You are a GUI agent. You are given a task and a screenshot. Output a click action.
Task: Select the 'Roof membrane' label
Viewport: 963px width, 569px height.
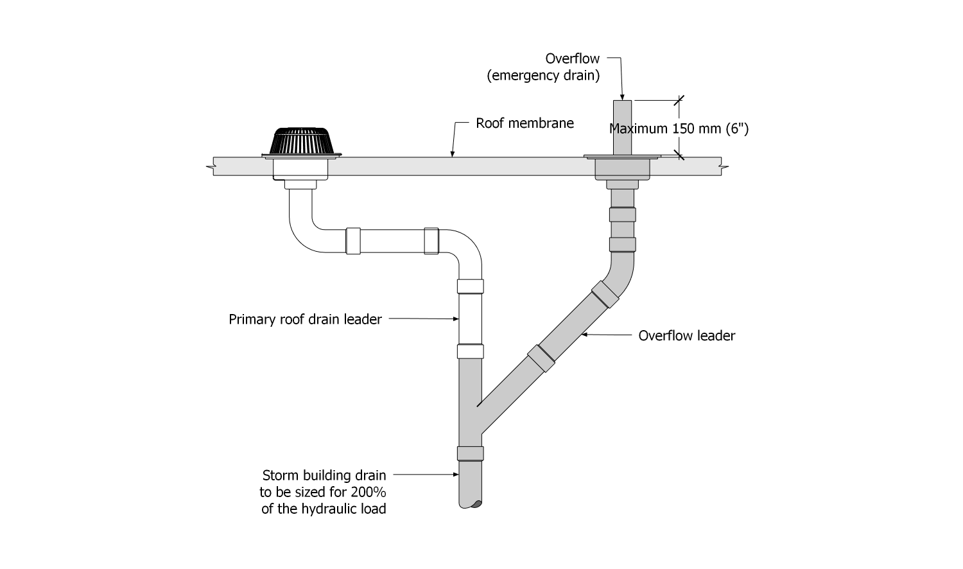click(x=525, y=123)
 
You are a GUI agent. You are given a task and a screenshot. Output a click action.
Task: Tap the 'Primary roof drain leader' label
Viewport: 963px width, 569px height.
click(x=305, y=319)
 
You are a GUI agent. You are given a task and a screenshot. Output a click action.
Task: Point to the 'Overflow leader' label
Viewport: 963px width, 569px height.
click(x=686, y=335)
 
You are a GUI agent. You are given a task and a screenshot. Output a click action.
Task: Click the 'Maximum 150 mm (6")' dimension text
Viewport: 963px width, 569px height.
click(x=679, y=128)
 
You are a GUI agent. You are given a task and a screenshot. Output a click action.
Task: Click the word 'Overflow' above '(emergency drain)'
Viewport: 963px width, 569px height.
click(x=572, y=58)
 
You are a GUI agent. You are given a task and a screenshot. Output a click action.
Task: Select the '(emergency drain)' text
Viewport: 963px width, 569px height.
click(x=543, y=76)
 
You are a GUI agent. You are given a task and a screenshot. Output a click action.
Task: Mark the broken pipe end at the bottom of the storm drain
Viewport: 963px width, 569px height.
click(x=471, y=504)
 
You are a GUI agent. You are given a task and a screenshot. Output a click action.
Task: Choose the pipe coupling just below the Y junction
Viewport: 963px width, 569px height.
click(x=470, y=453)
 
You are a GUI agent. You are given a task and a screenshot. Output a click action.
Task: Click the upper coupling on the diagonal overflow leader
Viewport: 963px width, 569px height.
click(x=605, y=293)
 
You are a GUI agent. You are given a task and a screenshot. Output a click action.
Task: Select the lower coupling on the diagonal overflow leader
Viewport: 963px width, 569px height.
click(x=541, y=358)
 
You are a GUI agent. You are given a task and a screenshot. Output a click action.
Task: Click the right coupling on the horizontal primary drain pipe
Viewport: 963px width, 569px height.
click(x=431, y=241)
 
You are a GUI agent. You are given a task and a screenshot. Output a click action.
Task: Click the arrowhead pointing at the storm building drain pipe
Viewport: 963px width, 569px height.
click(x=456, y=475)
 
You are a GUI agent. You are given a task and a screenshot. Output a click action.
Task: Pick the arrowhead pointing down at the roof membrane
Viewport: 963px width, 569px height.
click(x=453, y=154)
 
